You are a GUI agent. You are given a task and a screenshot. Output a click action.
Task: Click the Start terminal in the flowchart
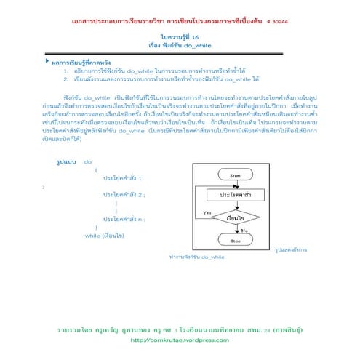235,176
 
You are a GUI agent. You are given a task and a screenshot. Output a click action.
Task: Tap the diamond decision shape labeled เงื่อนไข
235,217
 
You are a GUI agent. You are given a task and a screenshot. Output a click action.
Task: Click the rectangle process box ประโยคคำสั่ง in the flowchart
235,196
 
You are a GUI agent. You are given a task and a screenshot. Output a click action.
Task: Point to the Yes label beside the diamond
207,212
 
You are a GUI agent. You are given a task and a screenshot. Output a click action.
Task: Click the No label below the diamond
244,230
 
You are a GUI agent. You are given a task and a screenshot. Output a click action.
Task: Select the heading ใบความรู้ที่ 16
179,36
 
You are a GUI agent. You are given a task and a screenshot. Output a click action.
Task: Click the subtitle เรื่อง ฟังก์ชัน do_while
179,44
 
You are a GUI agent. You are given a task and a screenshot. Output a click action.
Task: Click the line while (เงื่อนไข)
105,236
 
